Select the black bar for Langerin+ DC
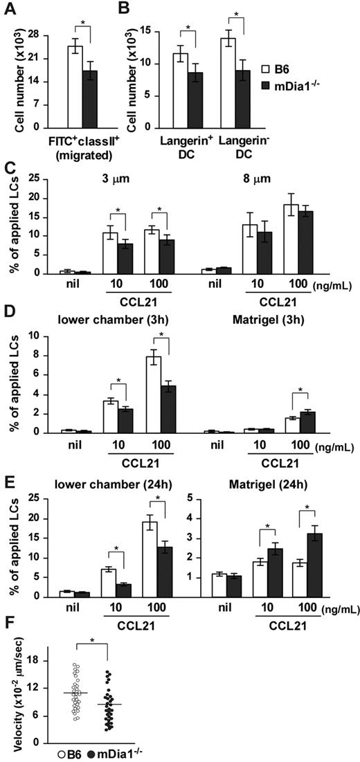(197, 100)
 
